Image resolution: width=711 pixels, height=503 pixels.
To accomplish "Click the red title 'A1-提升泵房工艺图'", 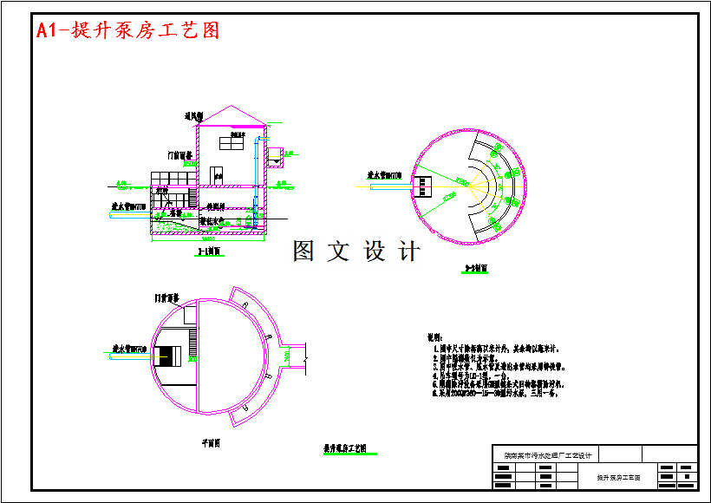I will (x=127, y=30).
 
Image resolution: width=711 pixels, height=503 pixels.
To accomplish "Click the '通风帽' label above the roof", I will (x=192, y=115).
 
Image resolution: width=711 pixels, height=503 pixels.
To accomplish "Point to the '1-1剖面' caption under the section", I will (x=209, y=251).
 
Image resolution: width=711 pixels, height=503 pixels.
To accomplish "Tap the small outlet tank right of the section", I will (x=275, y=159).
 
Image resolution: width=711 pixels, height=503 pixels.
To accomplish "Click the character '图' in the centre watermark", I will (x=304, y=251).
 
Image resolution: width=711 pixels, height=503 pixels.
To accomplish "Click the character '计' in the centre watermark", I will (x=409, y=251).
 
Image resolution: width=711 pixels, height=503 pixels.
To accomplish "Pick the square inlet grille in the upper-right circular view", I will (x=424, y=186).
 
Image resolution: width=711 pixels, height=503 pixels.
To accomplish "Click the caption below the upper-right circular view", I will (x=476, y=269).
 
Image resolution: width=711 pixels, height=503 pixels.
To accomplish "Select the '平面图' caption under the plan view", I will (x=211, y=442).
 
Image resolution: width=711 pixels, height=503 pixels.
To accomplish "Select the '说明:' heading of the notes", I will (x=435, y=336).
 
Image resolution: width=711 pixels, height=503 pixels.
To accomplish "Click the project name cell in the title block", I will (x=544, y=455).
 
